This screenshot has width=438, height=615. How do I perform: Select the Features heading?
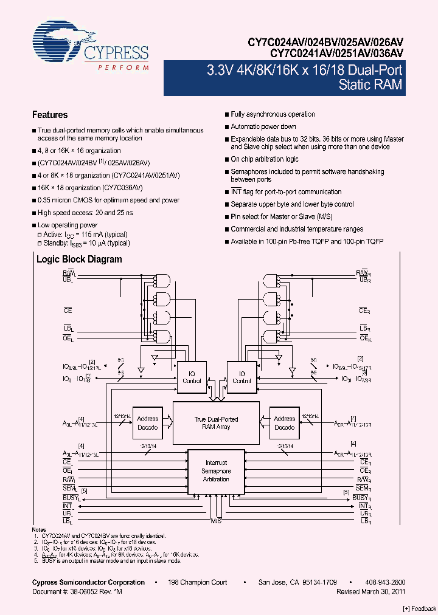50,115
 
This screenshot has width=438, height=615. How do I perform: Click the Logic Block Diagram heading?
79,259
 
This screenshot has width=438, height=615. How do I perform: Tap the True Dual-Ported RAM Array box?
216,423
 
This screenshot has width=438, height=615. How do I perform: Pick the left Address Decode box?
147,423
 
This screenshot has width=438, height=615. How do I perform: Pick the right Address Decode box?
284,423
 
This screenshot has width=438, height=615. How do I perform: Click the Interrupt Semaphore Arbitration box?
216,471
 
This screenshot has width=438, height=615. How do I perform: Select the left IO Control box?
192,377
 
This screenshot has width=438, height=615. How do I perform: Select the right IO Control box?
242,377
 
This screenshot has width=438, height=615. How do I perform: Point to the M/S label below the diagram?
216,521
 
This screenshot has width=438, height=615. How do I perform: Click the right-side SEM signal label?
363,489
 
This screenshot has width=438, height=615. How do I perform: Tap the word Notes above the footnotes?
39,530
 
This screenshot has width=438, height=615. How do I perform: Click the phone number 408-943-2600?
385,582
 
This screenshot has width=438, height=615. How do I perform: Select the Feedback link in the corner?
420,608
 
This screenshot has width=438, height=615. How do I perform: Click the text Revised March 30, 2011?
371,591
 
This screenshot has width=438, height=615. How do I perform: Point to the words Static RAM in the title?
370,84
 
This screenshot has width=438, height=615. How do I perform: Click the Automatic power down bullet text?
263,126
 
